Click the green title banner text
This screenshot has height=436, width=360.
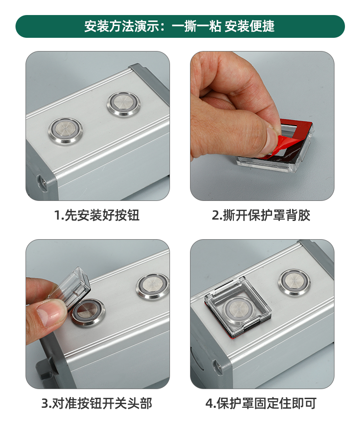[x=180, y=26]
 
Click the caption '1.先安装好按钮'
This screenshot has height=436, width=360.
[x=97, y=215]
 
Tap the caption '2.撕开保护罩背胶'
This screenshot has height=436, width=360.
[x=261, y=215]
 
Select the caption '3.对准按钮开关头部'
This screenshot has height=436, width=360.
[x=97, y=403]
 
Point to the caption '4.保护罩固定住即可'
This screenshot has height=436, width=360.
[x=261, y=403]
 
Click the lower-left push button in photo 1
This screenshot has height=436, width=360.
[x=65, y=130]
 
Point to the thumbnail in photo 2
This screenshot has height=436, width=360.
[x=271, y=136]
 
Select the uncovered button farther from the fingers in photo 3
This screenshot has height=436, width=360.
[x=153, y=287]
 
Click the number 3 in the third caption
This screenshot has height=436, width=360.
[x=45, y=404]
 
